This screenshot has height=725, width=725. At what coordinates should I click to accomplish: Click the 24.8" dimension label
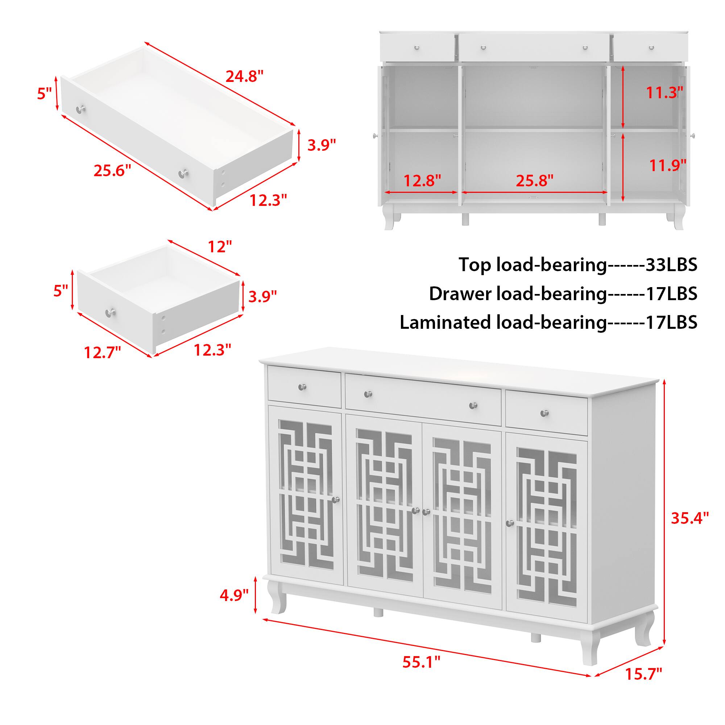pos(244,76)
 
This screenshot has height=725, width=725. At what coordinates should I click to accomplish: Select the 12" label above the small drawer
pos(220,246)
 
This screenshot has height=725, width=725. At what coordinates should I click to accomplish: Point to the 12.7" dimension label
pos(103,352)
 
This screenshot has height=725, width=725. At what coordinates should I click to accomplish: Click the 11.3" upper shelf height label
pos(664,92)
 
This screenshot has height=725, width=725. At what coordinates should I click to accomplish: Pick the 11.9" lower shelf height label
pos(668,165)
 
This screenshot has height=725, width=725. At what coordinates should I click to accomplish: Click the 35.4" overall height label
pos(690,518)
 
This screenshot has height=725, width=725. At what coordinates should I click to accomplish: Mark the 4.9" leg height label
pos(234,595)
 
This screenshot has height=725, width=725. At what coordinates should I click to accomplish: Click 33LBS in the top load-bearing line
pos(671,265)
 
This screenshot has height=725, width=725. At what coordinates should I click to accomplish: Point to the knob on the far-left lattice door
pos(335,500)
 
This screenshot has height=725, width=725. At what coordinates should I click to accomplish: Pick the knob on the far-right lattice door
pos(510,523)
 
